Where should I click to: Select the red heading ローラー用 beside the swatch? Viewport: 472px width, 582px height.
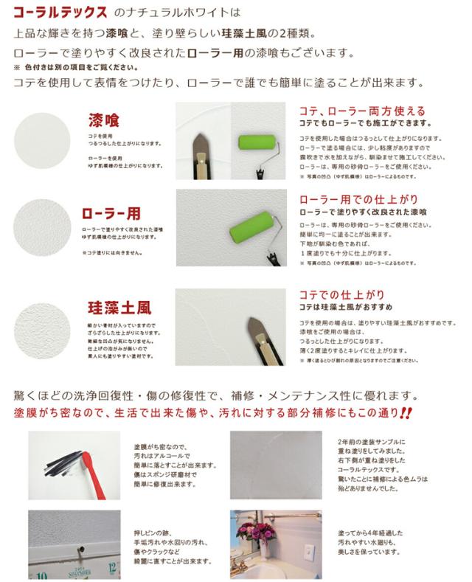pyautogui.click(x=110, y=213)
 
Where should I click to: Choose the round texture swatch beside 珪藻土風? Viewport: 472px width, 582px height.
pyautogui.click(x=46, y=322)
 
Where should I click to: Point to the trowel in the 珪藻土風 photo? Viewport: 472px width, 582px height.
pyautogui.click(x=257, y=339)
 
